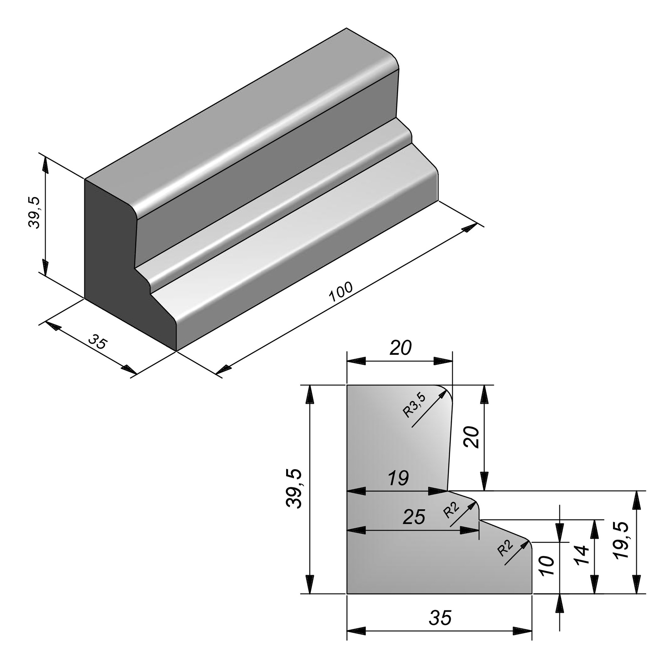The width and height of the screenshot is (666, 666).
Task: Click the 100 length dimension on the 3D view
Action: pyautogui.click(x=341, y=291)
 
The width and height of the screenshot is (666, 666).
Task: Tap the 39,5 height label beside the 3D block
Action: pyautogui.click(x=35, y=213)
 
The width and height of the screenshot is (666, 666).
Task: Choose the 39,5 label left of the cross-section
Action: pyautogui.click(x=294, y=488)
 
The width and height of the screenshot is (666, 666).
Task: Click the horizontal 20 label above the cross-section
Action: pyautogui.click(x=400, y=348)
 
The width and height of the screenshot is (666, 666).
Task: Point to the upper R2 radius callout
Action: pyautogui.click(x=452, y=510)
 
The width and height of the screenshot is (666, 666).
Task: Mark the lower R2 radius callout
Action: pyautogui.click(x=505, y=547)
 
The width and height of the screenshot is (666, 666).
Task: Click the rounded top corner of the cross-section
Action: pyautogui.click(x=447, y=391)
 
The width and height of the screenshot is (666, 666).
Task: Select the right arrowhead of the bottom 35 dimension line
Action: pyautogui.click(x=523, y=631)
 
